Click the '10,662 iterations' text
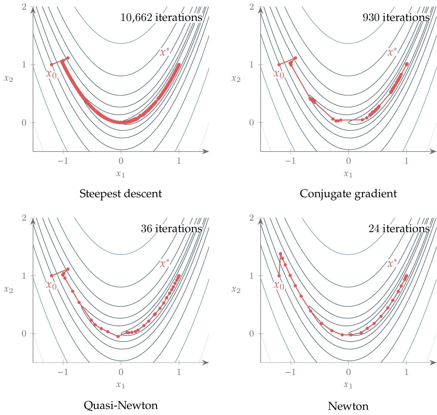click(161, 18)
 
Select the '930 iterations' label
click(396, 18)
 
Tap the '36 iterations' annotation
click(171, 229)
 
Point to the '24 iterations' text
click(399, 229)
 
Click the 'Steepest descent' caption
click(121, 194)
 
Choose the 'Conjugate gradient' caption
click(348, 194)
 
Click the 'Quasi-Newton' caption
click(121, 405)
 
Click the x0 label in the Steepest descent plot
click(51, 74)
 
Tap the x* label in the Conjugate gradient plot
click(392, 52)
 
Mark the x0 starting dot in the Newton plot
click(279, 276)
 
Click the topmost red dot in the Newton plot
click(280, 254)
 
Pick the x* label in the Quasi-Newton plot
click(165, 263)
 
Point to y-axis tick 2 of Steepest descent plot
click(24, 7)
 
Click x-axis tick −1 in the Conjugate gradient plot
click(290, 161)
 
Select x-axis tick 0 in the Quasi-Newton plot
click(121, 372)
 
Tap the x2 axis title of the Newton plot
click(236, 290)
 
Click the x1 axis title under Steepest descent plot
click(121, 174)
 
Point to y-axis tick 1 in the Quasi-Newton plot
click(24, 276)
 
